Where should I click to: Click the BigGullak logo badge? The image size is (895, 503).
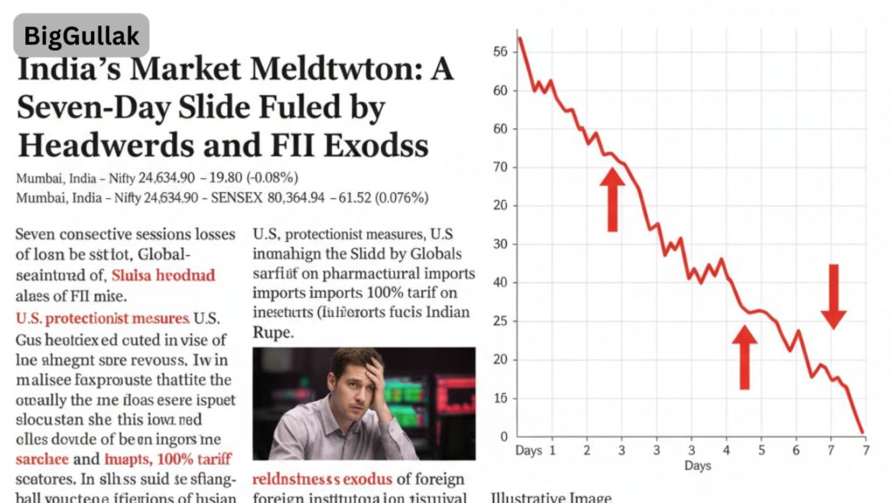81,36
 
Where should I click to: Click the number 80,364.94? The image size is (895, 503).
336,198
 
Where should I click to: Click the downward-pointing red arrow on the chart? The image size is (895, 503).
834,297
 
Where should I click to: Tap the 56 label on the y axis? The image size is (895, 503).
501,52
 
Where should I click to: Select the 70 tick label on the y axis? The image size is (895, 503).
501,167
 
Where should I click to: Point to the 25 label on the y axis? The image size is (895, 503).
501,321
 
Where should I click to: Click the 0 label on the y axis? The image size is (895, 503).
503,437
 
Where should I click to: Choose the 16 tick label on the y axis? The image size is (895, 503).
501,398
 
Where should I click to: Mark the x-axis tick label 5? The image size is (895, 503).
760,451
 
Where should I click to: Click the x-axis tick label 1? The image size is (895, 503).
552,451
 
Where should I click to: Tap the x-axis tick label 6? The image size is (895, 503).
795,451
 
